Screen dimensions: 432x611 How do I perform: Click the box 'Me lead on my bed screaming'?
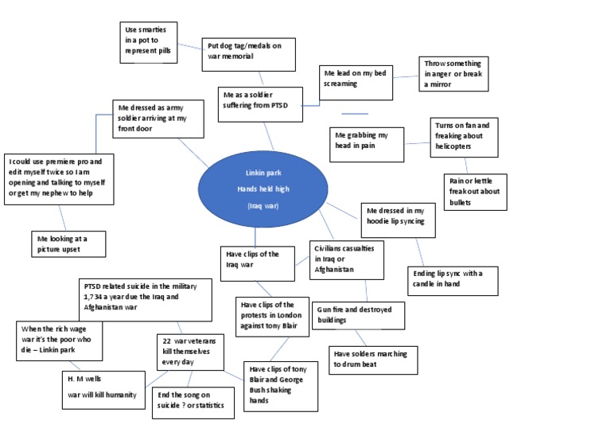[x=356, y=82]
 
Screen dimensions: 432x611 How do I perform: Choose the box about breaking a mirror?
[x=453, y=74]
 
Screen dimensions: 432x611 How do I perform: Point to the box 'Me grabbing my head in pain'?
[x=367, y=144]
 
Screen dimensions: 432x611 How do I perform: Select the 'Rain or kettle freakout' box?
[x=475, y=192]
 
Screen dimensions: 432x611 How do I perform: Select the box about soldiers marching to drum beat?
[x=371, y=359]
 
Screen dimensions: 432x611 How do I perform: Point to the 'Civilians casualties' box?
[x=347, y=259]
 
